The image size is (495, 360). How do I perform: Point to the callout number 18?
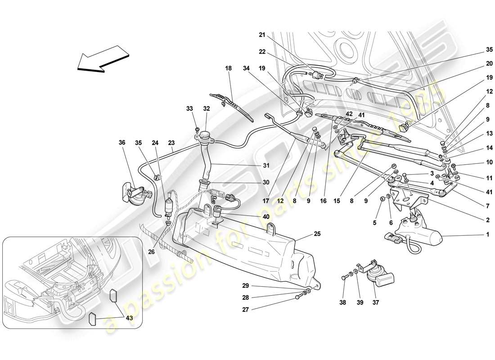point(229,68)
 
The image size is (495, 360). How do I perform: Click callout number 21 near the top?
point(262,35)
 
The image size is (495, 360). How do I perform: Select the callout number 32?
point(207,108)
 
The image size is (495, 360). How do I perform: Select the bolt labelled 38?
point(344,278)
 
